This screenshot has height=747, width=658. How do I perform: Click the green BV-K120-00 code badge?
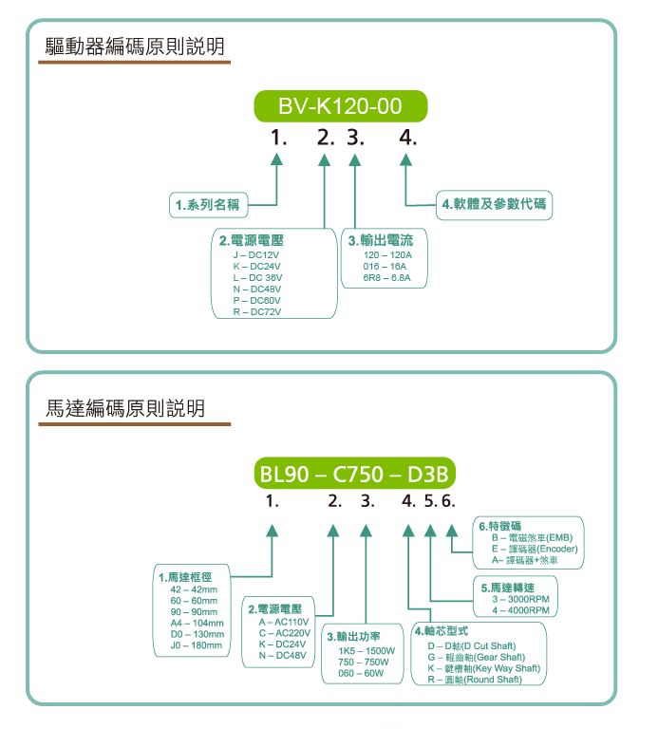point(340,105)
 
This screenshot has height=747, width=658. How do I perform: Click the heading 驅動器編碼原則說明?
point(136,46)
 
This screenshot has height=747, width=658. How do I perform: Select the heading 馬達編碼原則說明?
point(125,409)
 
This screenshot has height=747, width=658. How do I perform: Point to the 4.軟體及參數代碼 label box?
point(495,204)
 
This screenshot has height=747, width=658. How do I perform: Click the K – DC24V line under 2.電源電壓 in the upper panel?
point(256,267)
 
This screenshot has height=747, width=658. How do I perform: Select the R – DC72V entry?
point(256,311)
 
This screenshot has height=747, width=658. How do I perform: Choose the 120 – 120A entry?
point(387,256)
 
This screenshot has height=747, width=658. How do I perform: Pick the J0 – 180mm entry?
point(195,645)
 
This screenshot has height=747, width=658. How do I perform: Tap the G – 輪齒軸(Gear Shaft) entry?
point(476,657)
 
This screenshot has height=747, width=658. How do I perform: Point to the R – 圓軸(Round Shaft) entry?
point(474,680)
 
